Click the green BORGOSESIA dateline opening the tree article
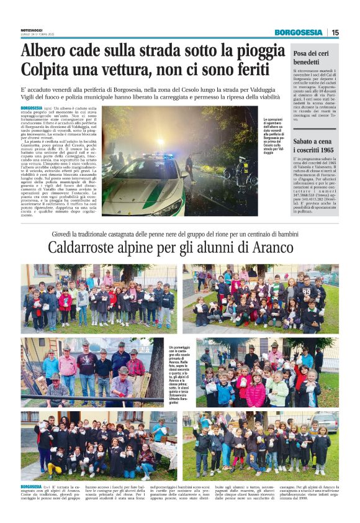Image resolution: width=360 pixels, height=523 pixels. (33, 108)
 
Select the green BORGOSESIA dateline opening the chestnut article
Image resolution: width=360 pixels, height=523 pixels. (32, 486)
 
